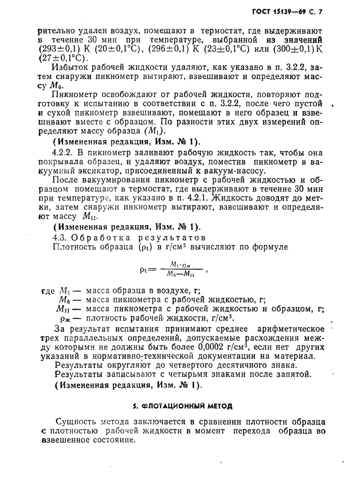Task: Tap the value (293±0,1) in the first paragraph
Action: click(56, 48)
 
